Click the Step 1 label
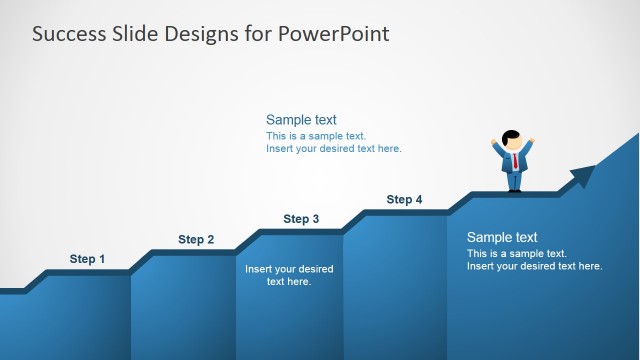[x=87, y=259]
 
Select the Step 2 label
[x=196, y=239]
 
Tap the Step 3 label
[x=301, y=219]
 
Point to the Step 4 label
[x=404, y=200]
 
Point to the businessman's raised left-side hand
[x=494, y=141]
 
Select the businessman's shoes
[x=514, y=189]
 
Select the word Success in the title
[x=68, y=34]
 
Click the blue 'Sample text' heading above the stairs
[x=301, y=120]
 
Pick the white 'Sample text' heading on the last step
[x=502, y=238]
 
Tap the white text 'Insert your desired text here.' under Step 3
[x=289, y=275]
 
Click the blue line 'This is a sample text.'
[x=316, y=136]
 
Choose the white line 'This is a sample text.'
[x=517, y=254]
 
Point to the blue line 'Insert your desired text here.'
[x=333, y=149]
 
